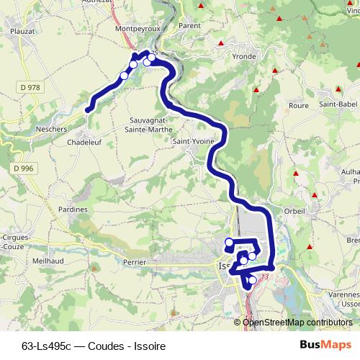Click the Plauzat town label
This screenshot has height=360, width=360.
pyautogui.click(x=24, y=31)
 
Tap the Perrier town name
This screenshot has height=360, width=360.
pyautogui.click(x=135, y=263)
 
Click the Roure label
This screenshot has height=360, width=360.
pyautogui.click(x=298, y=105)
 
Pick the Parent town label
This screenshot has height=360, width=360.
pyautogui.click(x=189, y=25)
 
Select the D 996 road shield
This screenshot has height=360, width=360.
pyautogui.click(x=22, y=167)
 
